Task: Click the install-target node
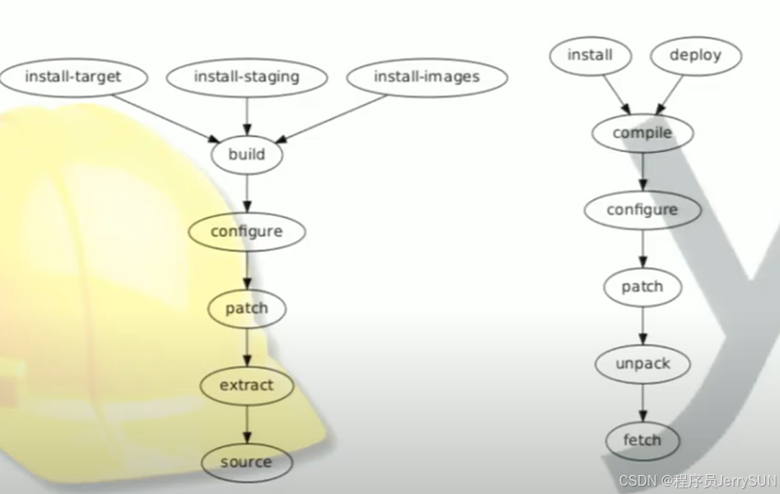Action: click(73, 78)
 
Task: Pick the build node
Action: click(247, 154)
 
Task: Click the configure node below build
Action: click(247, 232)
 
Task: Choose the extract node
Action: click(247, 386)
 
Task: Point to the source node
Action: click(247, 462)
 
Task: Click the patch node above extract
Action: click(247, 309)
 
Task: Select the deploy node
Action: click(695, 56)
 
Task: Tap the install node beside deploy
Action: click(590, 56)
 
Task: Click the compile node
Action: click(642, 133)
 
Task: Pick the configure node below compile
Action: click(642, 210)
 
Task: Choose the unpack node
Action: click(642, 364)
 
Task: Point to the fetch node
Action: click(642, 440)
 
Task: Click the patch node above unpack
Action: click(642, 287)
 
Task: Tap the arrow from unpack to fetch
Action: click(642, 402)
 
